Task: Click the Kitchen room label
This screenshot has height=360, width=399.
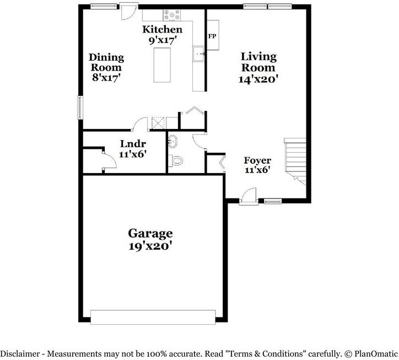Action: click(x=162, y=29)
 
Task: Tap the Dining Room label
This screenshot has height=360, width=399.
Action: click(x=106, y=57)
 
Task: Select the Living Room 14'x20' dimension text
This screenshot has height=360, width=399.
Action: click(x=258, y=79)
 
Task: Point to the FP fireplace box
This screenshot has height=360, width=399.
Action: click(x=212, y=36)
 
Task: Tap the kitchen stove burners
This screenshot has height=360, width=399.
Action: click(x=172, y=15)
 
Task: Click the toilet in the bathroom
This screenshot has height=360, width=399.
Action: click(x=177, y=161)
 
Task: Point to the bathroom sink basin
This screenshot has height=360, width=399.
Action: click(x=172, y=141)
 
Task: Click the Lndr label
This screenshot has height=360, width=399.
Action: click(x=132, y=144)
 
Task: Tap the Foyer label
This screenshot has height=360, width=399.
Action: click(x=257, y=161)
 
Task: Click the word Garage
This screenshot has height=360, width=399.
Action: click(x=150, y=233)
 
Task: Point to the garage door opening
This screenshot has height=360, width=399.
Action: click(x=153, y=317)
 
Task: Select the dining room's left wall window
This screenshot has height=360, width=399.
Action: click(x=80, y=107)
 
